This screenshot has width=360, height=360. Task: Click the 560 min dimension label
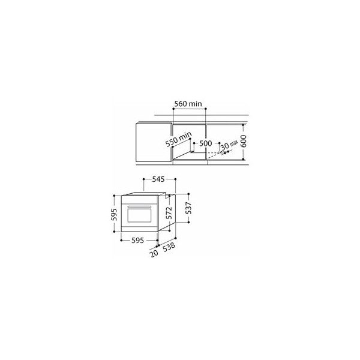(x=188, y=104)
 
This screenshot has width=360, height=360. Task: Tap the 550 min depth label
(x=179, y=139)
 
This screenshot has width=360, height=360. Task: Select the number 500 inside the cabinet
(x=205, y=143)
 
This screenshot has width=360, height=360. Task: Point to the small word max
(x=234, y=143)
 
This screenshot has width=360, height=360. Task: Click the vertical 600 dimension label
(x=244, y=141)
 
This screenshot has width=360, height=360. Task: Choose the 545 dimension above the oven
(x=158, y=179)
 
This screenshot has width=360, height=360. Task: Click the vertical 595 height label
(x=114, y=214)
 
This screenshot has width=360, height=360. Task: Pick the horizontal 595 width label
(x=137, y=241)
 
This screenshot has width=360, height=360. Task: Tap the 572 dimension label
(x=169, y=213)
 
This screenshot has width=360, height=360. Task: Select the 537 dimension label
(x=189, y=208)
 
